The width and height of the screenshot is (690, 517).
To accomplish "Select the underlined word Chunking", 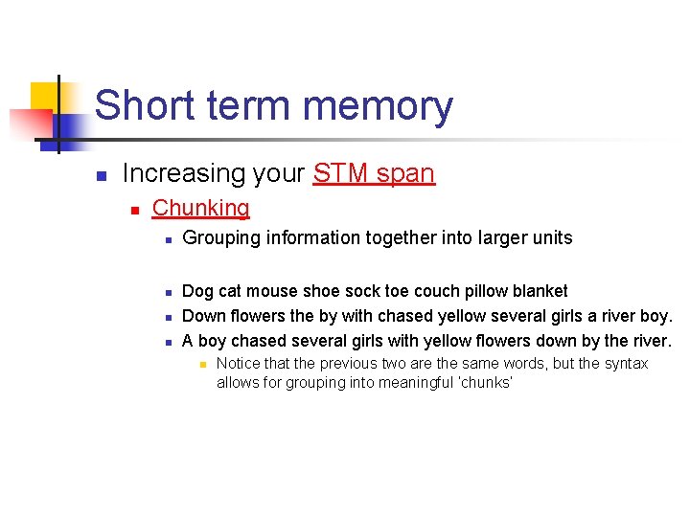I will coord(200,208).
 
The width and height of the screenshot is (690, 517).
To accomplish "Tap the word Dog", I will coord(197,291).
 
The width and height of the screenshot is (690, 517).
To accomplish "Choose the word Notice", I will coord(238,364).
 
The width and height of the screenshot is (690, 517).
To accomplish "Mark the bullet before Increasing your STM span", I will coord(100,175).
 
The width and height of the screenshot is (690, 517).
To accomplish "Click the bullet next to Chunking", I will coord(135,209).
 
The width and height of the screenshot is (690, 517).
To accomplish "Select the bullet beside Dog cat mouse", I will coord(167,292).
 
